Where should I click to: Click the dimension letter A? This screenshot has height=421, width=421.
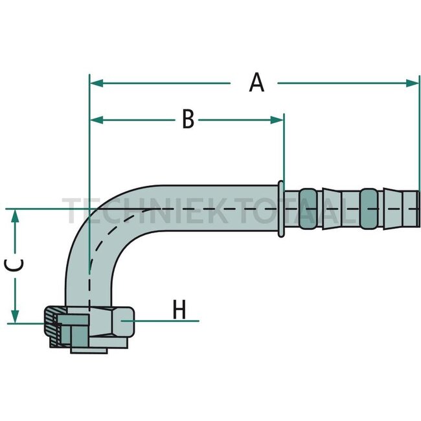click(x=256, y=83)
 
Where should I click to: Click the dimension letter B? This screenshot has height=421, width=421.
click(x=188, y=119)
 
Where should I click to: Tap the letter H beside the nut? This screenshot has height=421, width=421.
click(x=179, y=310)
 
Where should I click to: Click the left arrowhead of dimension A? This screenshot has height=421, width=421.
click(x=97, y=84)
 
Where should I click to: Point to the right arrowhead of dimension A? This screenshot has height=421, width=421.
click(x=412, y=84)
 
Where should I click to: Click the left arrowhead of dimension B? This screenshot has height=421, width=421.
click(x=97, y=120)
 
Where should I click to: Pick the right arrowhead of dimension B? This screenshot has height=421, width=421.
click(x=277, y=120)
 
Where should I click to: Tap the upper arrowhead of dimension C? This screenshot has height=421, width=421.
click(x=16, y=216)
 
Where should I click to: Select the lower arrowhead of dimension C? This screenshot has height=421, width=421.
click(x=16, y=316)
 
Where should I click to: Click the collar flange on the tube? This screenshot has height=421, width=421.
click(x=281, y=209)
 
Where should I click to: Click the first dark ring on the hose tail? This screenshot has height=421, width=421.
click(x=308, y=209)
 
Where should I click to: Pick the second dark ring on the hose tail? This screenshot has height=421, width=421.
click(x=369, y=209)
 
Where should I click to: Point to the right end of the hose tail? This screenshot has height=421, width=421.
click(x=418, y=209)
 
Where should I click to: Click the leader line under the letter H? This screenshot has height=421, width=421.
click(x=160, y=321)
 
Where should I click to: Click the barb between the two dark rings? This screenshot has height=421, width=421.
click(x=338, y=209)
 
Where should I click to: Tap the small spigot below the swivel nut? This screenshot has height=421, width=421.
click(x=89, y=350)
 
